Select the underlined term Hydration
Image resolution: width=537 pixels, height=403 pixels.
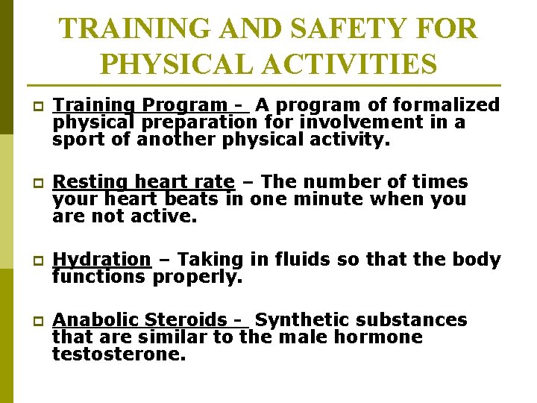tap(102, 260)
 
